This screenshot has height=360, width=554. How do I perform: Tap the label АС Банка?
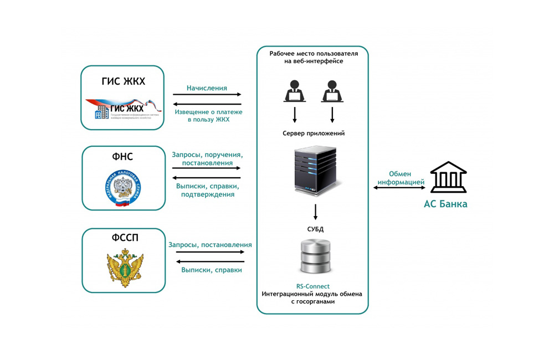coord(445,204)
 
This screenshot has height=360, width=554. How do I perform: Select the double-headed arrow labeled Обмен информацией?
coord(399,188)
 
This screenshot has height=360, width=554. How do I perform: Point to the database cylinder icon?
coord(315,256)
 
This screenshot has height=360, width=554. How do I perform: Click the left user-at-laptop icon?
coord(295,91)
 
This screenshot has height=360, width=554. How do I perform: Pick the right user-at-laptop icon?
coord(332,91)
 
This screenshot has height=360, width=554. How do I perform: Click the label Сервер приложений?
coord(314,133)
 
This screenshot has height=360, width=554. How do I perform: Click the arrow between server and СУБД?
coord(315,212)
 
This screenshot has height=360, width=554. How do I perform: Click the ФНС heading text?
coord(122,157)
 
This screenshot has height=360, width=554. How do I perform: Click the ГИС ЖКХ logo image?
coord(123,109)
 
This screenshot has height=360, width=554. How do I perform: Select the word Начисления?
coord(207,88)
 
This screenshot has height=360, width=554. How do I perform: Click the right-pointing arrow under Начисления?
coord(207,95)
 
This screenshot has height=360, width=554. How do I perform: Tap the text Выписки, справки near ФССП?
coord(211,270)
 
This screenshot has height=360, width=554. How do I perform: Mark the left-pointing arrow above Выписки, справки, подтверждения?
coord(207,178)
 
